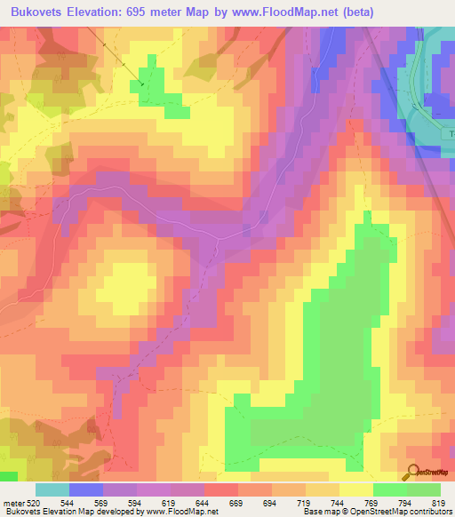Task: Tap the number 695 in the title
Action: (156, 12)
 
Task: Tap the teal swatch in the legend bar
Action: (52, 489)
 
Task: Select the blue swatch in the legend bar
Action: (86, 489)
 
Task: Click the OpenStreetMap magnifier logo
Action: (411, 472)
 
